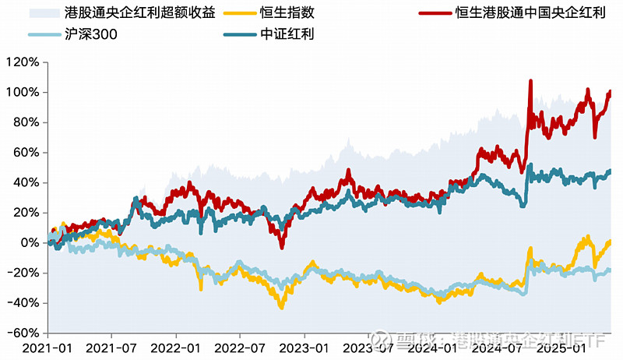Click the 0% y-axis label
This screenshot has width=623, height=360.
pos(29,243)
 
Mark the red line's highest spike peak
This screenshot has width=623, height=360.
pos(530,80)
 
